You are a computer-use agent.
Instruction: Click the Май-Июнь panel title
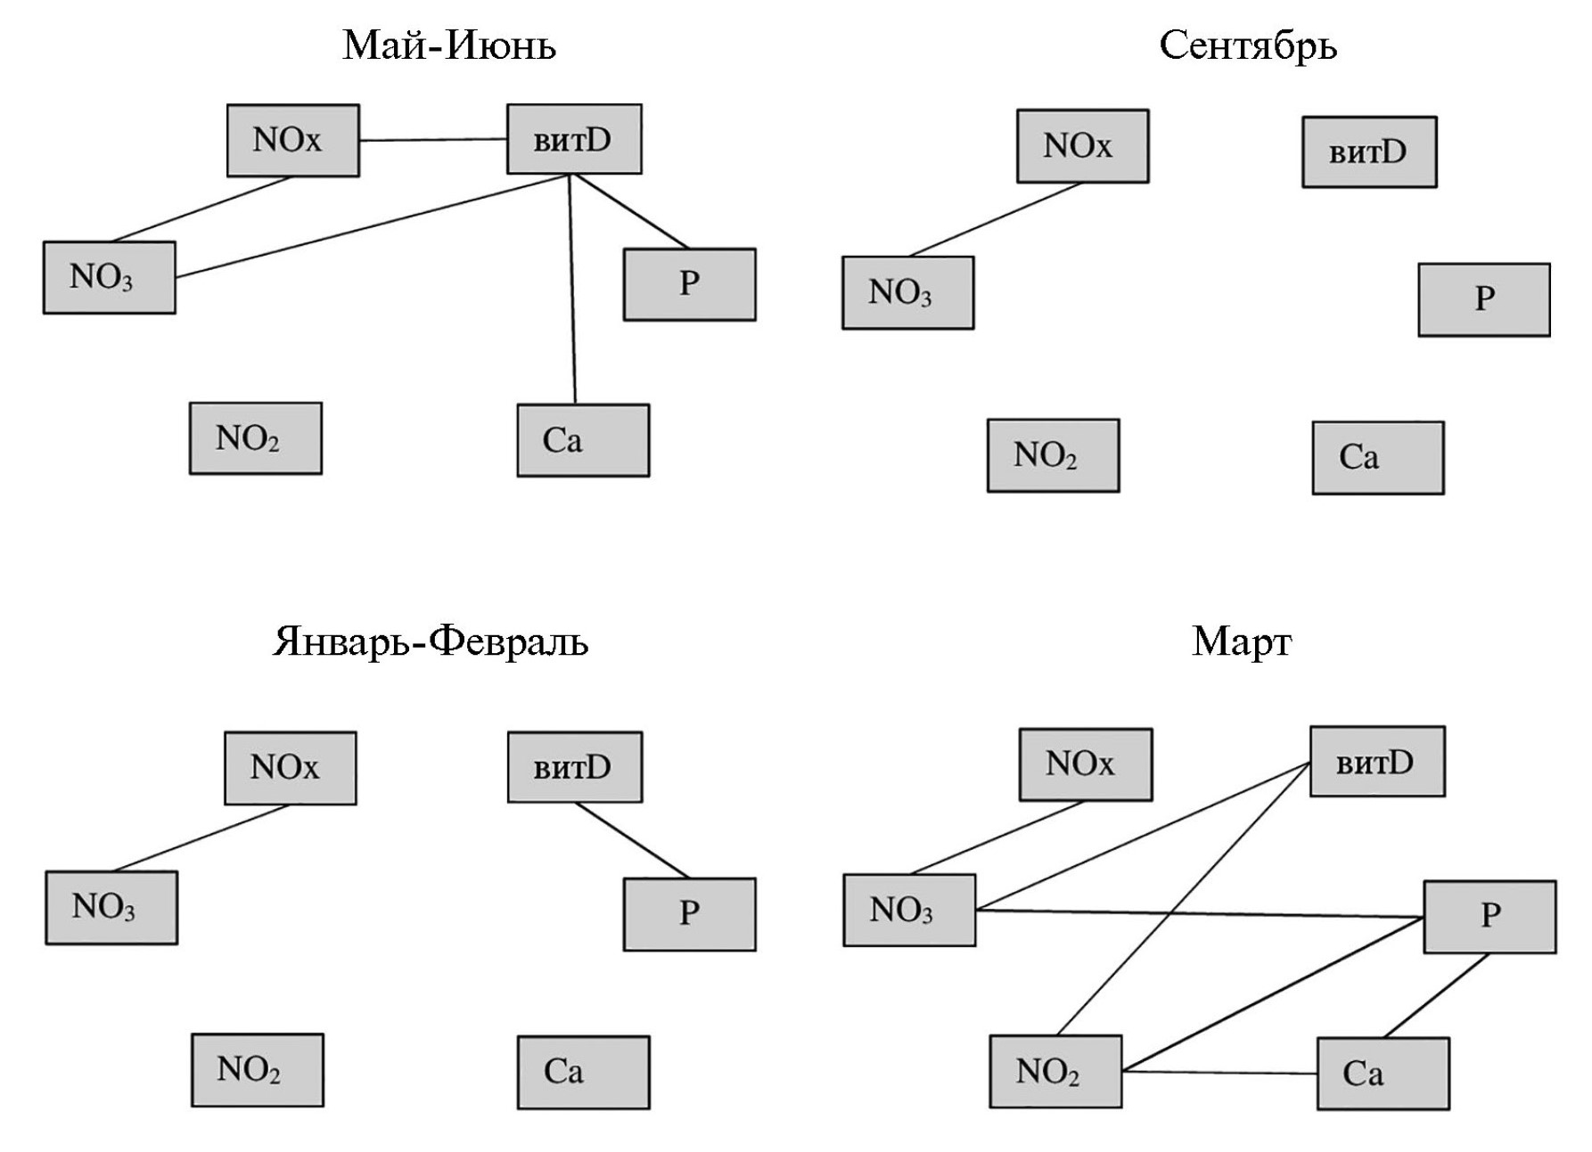click(x=448, y=45)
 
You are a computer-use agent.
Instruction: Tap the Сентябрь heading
click(x=1247, y=45)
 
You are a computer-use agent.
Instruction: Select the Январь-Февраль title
click(x=430, y=641)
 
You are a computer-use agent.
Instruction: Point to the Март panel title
click(x=1241, y=641)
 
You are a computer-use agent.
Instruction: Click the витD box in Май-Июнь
click(x=574, y=139)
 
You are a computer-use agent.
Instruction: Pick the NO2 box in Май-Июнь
click(x=255, y=438)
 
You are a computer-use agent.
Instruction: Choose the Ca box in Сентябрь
click(x=1378, y=458)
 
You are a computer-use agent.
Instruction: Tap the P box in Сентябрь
click(x=1484, y=299)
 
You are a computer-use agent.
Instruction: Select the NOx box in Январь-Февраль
click(x=290, y=768)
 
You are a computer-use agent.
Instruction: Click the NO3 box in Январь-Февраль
click(x=111, y=907)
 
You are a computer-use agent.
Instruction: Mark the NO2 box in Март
click(x=1055, y=1071)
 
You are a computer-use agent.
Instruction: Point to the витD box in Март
click(x=1377, y=762)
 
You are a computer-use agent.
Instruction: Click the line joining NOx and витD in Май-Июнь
click(x=433, y=140)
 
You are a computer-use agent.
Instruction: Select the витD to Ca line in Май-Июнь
click(x=572, y=290)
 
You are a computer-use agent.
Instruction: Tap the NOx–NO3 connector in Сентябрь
click(x=995, y=220)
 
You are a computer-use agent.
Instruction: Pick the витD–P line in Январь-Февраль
click(x=632, y=841)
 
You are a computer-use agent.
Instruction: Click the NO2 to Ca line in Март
click(x=1219, y=1072)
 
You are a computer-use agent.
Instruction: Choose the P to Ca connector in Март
click(x=1436, y=995)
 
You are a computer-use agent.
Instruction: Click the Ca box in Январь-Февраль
click(x=583, y=1072)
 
